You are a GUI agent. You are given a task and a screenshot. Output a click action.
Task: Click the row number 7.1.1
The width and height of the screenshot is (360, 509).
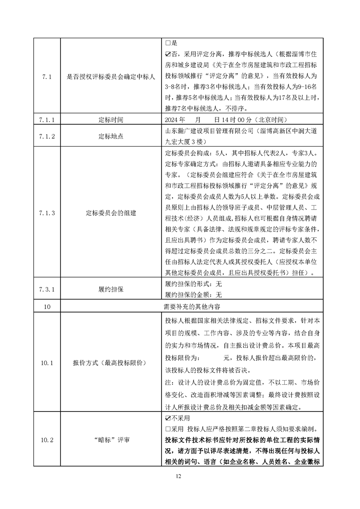(47, 120)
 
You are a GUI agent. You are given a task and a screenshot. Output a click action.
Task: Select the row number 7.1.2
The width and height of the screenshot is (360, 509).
(47, 136)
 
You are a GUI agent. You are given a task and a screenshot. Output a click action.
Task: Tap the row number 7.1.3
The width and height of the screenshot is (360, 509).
(47, 212)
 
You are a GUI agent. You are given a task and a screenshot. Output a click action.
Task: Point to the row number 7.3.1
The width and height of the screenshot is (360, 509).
(47, 289)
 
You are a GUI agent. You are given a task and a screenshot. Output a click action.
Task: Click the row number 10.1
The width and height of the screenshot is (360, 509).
(47, 363)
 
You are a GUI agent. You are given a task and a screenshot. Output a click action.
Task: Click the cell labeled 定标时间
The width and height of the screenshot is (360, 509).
(111, 120)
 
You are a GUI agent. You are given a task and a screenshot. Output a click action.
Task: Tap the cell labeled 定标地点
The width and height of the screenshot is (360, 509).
(111, 136)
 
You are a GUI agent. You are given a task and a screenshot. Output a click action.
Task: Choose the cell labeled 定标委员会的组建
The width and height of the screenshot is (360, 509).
(111, 212)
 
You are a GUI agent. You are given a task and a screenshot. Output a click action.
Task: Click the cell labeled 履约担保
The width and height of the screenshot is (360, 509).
(111, 289)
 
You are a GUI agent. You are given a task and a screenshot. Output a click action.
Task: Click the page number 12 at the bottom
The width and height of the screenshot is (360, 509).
(179, 476)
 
